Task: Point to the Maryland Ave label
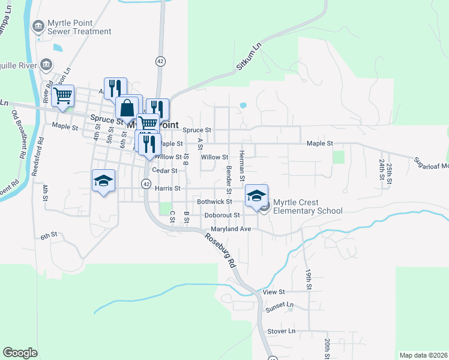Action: click(x=231, y=229)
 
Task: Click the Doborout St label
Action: click(x=221, y=215)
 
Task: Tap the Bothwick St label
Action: click(x=214, y=202)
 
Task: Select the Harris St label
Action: click(x=167, y=188)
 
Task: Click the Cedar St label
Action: click(x=164, y=170)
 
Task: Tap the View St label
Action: click(x=273, y=292)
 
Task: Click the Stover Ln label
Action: click(x=282, y=331)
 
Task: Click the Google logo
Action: click(x=20, y=353)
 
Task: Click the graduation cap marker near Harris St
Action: click(x=103, y=181)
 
